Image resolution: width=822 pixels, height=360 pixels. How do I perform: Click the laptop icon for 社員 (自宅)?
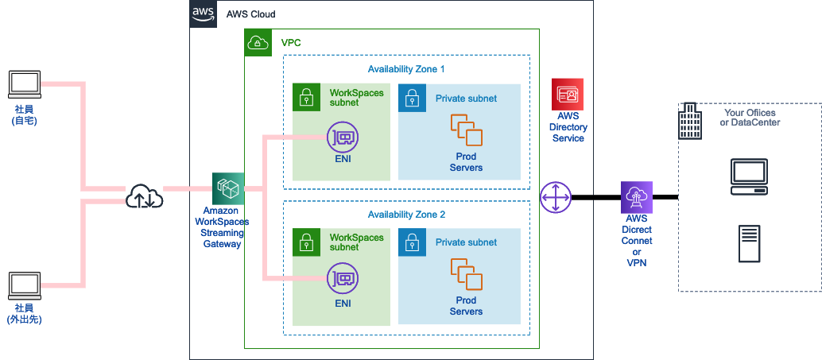[24, 83]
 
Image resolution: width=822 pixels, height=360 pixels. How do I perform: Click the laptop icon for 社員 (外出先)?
[24, 285]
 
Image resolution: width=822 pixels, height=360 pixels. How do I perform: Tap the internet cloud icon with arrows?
[144, 195]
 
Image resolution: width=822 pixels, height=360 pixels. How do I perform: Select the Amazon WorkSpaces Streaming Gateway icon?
[228, 189]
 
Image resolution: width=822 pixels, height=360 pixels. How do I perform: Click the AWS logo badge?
[203, 14]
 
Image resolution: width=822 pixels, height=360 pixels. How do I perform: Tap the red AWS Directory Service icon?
[568, 94]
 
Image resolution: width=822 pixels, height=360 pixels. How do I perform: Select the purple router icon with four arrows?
[556, 196]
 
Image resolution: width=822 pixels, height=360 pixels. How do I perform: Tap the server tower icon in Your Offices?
[749, 243]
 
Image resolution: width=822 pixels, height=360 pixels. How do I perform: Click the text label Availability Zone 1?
[406, 69]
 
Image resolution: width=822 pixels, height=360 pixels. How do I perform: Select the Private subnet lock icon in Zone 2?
[412, 242]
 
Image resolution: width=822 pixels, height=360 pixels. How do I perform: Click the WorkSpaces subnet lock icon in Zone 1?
[306, 98]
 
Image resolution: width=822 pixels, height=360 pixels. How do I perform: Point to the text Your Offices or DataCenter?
[750, 118]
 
